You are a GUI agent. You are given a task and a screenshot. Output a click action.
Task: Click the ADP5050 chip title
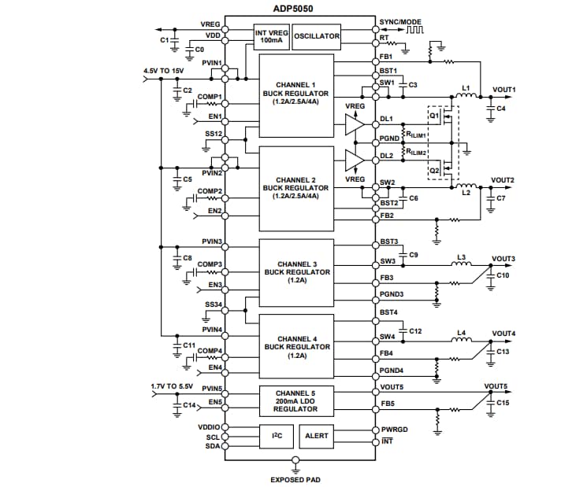click(295, 7)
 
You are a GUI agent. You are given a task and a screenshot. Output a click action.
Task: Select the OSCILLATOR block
click(317, 35)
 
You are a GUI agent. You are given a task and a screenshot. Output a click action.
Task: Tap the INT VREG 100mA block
click(271, 35)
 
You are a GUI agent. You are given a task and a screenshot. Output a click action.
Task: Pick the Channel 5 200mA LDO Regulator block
click(295, 398)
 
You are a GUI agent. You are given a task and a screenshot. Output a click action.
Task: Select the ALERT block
click(316, 435)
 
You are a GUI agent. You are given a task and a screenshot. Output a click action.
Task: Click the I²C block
click(276, 435)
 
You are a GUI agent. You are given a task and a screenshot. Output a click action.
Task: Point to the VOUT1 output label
click(503, 90)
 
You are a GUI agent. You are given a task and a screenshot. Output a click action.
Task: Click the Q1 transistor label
click(434, 115)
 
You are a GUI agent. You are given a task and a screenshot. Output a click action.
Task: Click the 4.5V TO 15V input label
click(163, 71)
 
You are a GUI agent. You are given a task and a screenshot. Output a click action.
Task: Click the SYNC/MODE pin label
click(400, 21)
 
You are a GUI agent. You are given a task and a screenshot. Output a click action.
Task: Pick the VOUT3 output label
click(503, 259)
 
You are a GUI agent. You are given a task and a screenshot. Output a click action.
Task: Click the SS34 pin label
click(213, 304)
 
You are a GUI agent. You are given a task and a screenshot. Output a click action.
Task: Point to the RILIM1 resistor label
click(416, 135)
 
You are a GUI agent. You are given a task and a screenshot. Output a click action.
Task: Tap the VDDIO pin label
click(210, 426)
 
